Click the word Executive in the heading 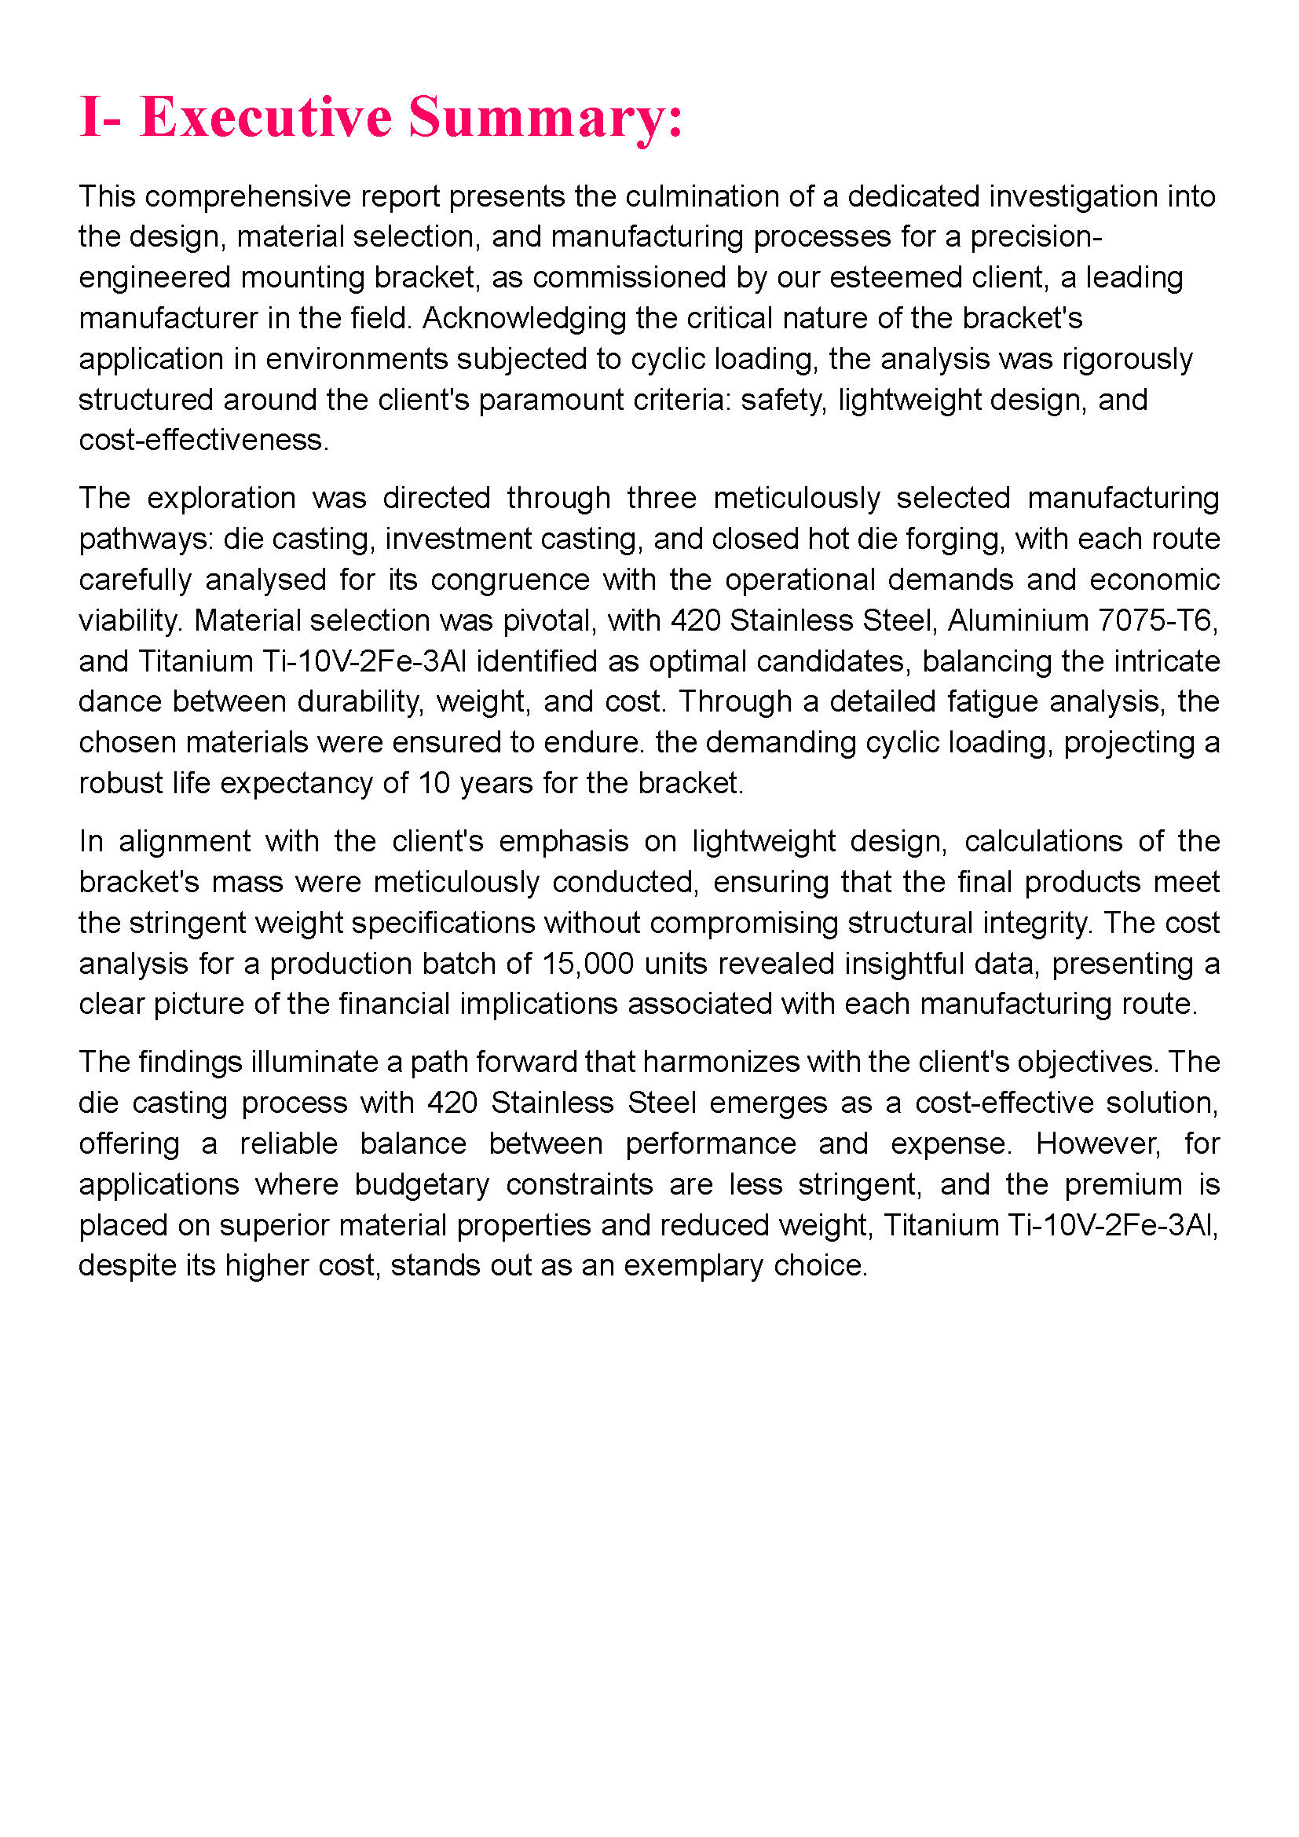click(x=265, y=118)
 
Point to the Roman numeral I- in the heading click(x=100, y=118)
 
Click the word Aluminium click(x=1015, y=620)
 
